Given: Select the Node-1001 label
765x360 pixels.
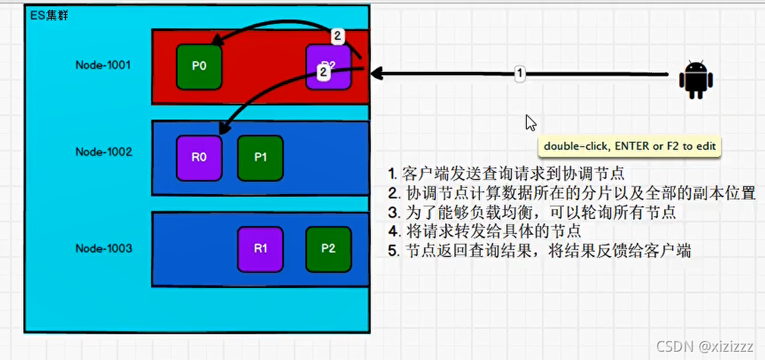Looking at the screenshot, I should coord(104,65).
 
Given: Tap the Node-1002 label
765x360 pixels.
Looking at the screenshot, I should coord(104,152).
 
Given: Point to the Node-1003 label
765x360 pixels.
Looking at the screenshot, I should coord(104,248).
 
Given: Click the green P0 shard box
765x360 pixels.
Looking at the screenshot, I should coord(199,66).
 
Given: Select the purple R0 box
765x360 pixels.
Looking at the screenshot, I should coord(199,158).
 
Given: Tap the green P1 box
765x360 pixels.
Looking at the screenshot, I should coord(260,158).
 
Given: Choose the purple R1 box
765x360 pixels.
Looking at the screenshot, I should coord(260,249).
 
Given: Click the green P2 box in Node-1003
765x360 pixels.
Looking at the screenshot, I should coord(328,249).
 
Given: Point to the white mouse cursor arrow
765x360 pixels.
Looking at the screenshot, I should coord(531,123).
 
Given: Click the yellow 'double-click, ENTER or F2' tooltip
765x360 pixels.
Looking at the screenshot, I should coord(629,146).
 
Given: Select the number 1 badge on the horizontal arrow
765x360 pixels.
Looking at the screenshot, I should coord(519,74).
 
